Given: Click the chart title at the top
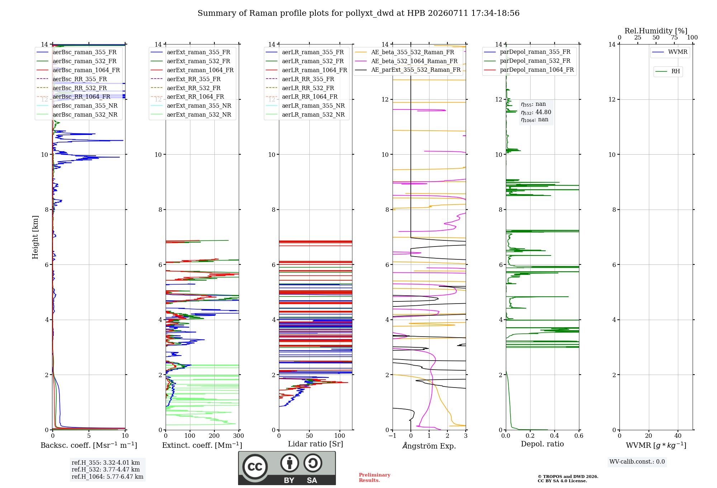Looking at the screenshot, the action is (358, 13).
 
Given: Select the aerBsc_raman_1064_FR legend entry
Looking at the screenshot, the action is (78, 70).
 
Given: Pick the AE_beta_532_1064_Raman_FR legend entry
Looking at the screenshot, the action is (407, 61).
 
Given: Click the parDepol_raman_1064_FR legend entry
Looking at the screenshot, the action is (529, 70).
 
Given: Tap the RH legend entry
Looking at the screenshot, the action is (668, 71).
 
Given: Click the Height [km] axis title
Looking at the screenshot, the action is (35, 237).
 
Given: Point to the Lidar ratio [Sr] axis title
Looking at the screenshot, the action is (315, 444).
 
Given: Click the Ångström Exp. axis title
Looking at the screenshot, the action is (429, 446).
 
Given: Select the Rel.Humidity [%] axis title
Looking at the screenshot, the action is (656, 31).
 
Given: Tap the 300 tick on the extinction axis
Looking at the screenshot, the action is (239, 436).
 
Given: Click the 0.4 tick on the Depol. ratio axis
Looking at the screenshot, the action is (555, 436).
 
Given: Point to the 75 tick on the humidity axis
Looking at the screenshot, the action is (674, 37).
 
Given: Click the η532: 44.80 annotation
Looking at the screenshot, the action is (536, 112).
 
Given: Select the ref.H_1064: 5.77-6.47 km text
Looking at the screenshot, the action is (108, 477).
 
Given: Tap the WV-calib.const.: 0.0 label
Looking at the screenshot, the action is (637, 462).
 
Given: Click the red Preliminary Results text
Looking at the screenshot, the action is (375, 478).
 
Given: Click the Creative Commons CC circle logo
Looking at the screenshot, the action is (255, 467).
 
